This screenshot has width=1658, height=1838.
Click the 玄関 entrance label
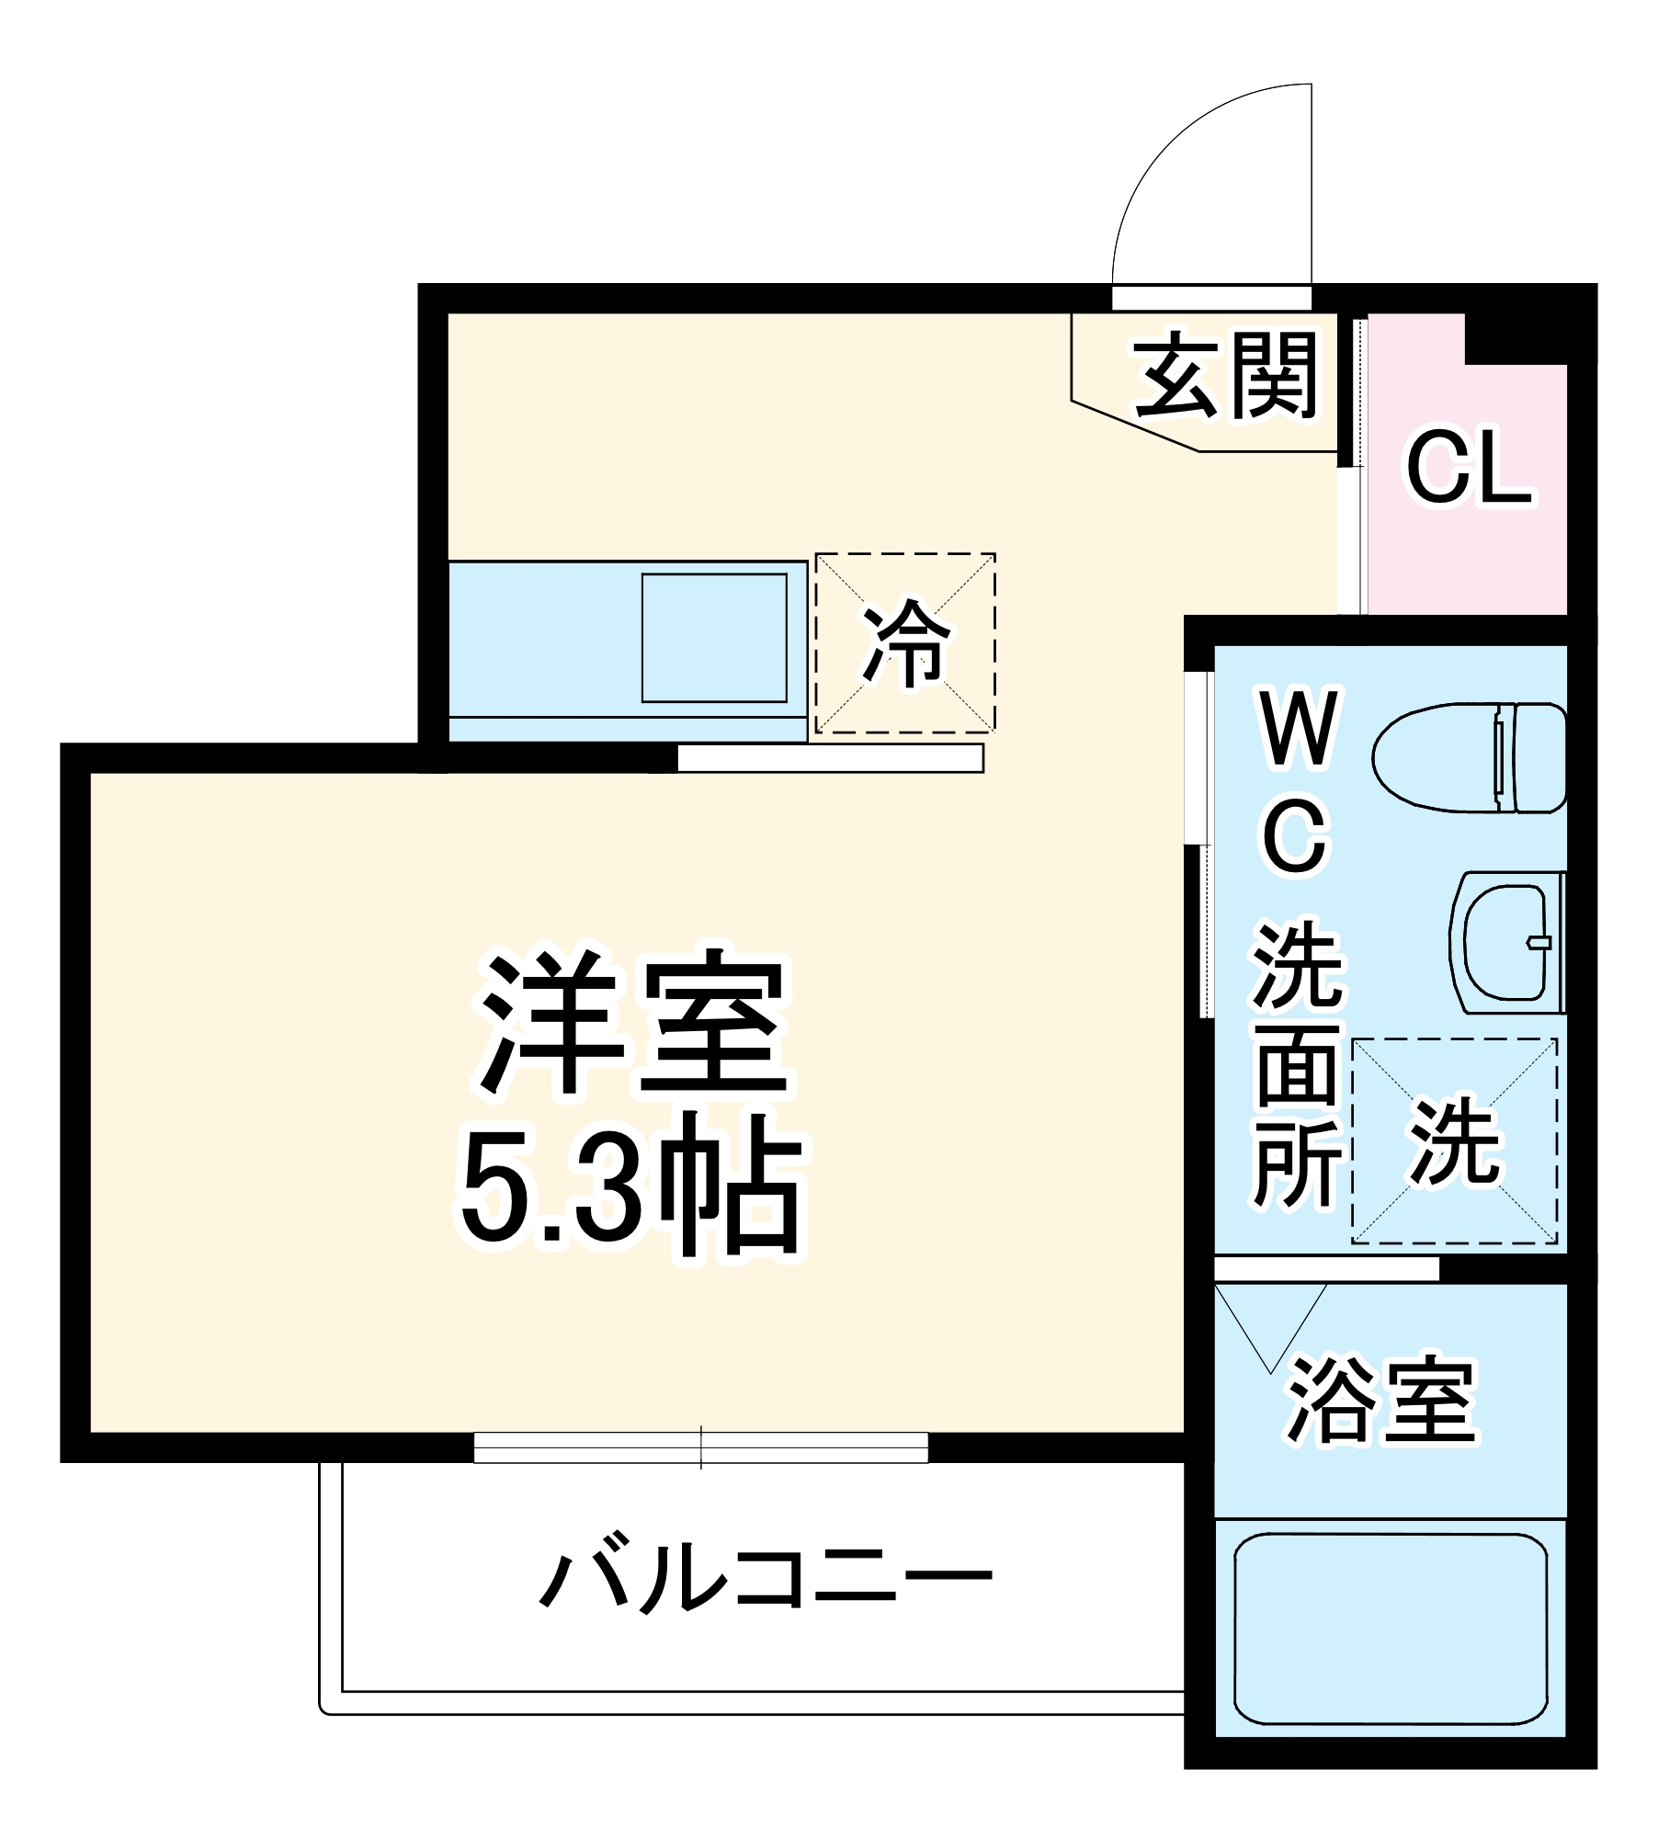[1225, 376]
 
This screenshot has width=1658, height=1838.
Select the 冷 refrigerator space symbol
[905, 643]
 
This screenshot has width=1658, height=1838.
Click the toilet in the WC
[1469, 758]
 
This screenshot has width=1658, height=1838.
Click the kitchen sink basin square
[714, 638]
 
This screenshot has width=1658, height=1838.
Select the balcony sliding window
[701, 1447]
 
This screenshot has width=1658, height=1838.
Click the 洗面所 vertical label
[1297, 1066]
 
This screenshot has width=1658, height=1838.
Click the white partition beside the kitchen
[830, 758]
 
